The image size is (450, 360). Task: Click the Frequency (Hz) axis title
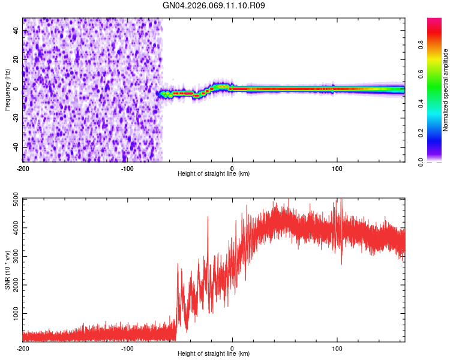point(7,90)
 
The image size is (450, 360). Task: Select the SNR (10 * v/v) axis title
point(7,270)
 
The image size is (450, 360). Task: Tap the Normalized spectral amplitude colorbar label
point(445,90)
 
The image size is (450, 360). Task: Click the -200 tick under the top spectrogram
point(23,168)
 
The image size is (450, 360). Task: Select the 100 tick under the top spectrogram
point(337,168)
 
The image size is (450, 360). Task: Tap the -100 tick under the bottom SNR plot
point(127,348)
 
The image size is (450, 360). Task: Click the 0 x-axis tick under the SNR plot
point(232,348)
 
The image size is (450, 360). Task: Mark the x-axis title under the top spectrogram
point(214,174)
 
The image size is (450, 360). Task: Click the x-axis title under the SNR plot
point(214,354)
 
